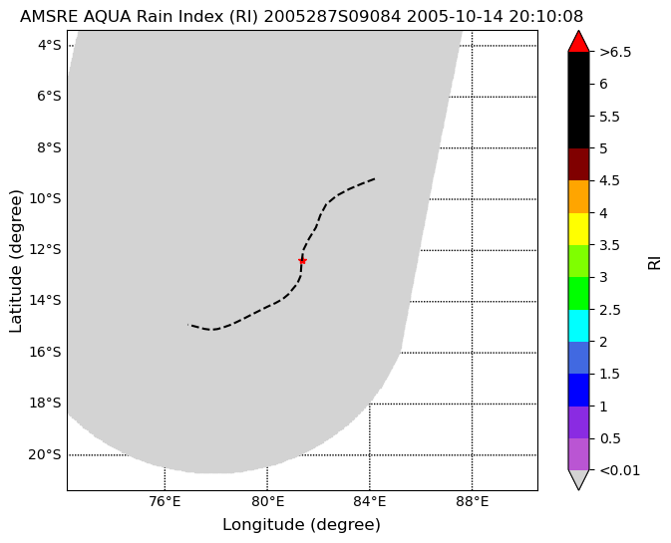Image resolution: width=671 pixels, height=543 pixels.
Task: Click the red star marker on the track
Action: coord(302,261)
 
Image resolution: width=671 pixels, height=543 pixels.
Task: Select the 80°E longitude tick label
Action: coord(267,501)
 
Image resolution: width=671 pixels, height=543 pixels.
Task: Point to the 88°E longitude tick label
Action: coord(472,501)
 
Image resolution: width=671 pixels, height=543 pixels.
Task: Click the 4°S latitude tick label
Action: coord(50,45)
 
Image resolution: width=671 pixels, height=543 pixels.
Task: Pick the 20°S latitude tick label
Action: coord(45,454)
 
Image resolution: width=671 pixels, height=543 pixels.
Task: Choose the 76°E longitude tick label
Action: coord(165,501)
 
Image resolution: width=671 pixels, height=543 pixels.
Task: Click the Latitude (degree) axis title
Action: coord(15,261)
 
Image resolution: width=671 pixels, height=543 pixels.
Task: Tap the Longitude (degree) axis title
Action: coord(302,525)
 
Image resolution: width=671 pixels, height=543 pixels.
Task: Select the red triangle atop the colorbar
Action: coord(578,42)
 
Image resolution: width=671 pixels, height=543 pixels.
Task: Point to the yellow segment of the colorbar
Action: coord(578,229)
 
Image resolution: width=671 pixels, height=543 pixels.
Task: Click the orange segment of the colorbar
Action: coord(578,196)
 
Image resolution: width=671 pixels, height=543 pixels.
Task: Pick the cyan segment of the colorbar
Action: coord(578,326)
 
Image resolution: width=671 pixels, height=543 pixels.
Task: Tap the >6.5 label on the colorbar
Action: coord(615,52)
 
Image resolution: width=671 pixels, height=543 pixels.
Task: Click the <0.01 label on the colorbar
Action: coord(619,470)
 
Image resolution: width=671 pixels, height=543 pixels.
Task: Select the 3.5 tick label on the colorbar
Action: coord(609,245)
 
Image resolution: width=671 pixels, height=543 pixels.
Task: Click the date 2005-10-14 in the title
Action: coord(456,17)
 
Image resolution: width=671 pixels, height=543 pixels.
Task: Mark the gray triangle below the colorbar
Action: coord(578,478)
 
